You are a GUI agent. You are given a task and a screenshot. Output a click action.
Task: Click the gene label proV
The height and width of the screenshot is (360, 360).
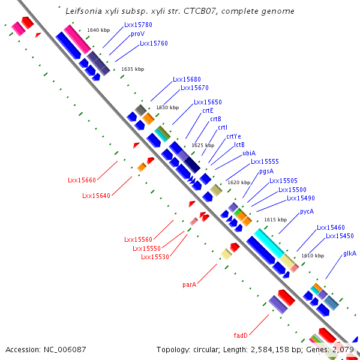click(137, 34)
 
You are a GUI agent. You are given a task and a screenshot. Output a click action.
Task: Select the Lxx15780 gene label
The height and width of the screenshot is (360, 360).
click(138, 25)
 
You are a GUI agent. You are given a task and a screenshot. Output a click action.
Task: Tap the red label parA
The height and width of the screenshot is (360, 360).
click(190, 284)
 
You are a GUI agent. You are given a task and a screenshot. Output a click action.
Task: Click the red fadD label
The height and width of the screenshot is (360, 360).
click(241, 335)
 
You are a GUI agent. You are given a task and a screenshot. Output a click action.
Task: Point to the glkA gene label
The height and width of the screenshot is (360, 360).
click(350, 253)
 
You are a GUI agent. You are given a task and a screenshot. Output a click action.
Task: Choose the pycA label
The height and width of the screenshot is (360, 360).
click(307, 211)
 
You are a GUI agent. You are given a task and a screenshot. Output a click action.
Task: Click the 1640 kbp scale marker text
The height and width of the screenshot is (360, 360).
click(98, 30)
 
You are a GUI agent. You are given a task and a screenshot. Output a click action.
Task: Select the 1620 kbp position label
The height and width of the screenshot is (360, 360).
click(239, 182)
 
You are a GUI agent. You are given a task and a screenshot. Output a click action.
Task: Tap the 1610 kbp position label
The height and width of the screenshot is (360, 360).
click(313, 256)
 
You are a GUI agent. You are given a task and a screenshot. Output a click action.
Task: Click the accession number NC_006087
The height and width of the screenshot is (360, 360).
click(65, 350)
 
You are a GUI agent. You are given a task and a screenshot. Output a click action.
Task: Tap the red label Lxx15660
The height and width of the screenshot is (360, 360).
click(82, 180)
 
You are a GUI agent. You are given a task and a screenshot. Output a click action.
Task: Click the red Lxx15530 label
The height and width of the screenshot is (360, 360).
click(155, 257)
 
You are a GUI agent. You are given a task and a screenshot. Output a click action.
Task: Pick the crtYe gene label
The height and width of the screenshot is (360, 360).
click(234, 136)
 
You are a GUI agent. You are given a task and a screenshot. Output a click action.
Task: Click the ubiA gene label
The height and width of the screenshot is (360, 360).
click(249, 153)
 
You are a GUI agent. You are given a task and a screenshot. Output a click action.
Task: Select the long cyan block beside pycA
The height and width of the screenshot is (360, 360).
click(269, 244)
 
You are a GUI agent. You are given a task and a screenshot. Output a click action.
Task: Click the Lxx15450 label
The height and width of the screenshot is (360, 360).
click(340, 236)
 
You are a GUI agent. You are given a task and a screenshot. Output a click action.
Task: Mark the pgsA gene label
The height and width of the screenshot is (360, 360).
click(266, 172)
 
